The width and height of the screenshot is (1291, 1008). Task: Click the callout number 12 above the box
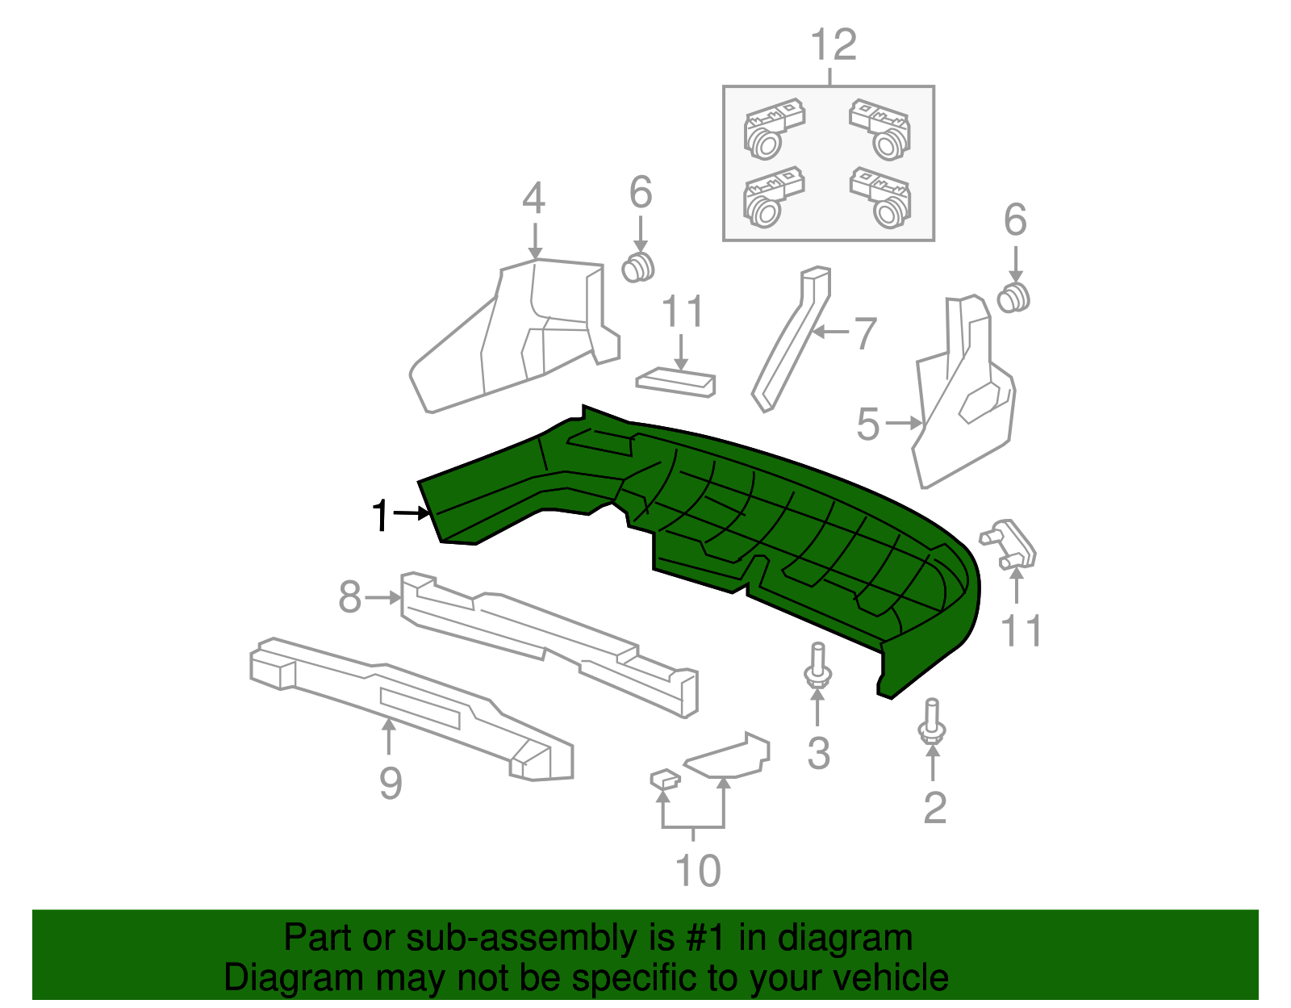834,46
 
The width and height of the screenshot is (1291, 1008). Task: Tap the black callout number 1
381,516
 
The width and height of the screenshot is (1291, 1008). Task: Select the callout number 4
533,199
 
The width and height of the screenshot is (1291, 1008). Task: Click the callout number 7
865,333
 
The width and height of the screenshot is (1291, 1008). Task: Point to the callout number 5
867,424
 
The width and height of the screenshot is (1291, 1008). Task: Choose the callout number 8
349,598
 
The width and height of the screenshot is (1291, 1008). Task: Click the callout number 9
391,783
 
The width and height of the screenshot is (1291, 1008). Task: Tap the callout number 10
697,871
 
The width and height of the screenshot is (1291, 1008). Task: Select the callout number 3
818,753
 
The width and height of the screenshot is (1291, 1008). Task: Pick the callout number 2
934,808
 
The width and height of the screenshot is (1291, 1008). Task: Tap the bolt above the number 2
932,721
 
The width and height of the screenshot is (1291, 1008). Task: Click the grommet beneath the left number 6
638,267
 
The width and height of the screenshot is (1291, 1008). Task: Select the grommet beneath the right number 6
1013,298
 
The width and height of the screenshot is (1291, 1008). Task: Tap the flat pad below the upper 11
676,382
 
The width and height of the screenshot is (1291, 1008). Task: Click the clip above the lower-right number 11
1009,544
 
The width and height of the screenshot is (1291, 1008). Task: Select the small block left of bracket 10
665,779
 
